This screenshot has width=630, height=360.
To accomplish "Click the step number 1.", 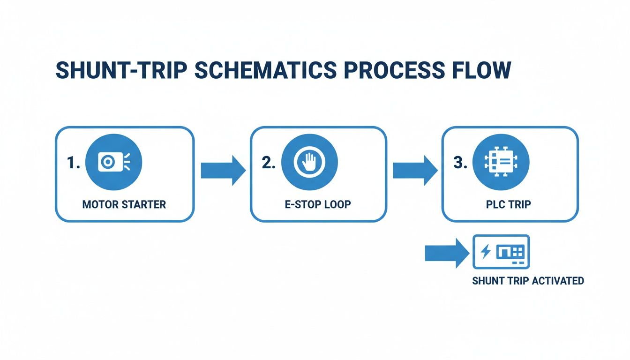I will (74, 163).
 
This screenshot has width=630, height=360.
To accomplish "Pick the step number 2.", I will (270, 163).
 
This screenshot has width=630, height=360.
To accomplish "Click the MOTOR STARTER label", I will (124, 204).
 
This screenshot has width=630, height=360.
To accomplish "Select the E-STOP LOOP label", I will (317, 204).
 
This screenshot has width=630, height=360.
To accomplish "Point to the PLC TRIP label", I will (509, 204).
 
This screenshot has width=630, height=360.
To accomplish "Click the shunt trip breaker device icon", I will (501, 252).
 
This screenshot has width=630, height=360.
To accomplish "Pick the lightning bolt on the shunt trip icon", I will (486, 252).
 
